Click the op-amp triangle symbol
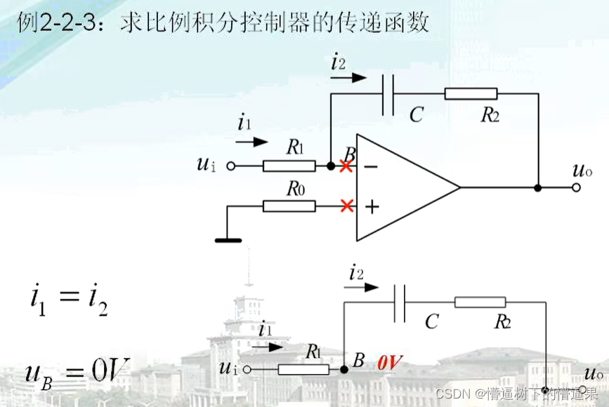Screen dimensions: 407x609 point(400,187)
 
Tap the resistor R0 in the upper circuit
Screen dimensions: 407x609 point(289,206)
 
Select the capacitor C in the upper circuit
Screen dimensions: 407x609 point(388,94)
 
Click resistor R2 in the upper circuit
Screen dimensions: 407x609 point(471,94)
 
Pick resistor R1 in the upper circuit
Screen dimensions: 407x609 point(289,166)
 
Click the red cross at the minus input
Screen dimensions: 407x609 point(346,166)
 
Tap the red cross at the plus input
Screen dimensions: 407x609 point(346,206)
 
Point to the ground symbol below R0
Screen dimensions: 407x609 point(228,240)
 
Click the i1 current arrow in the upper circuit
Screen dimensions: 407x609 point(251,141)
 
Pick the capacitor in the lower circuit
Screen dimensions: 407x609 point(400,303)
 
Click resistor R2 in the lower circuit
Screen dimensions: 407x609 point(480,302)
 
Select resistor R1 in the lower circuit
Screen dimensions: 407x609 point(303,369)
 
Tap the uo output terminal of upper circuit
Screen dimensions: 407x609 point(576,187)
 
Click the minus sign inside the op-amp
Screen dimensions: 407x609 point(371,166)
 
